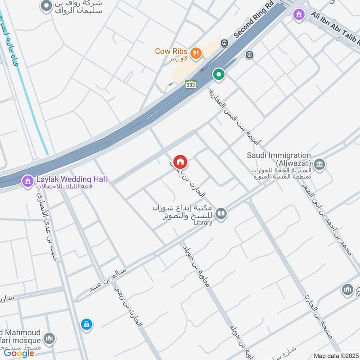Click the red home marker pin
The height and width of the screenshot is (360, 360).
pos(180,162)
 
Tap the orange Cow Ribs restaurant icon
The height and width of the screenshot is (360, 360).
pos(195,53)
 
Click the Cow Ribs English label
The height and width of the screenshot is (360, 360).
pos(171,51)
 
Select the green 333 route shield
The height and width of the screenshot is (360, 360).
pos(190,84)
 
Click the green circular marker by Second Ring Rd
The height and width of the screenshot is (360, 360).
pos(219,74)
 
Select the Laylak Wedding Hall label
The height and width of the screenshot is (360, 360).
pos(72,179)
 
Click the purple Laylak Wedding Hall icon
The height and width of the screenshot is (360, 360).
pos(28,181)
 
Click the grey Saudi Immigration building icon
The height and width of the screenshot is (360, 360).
pos(319,165)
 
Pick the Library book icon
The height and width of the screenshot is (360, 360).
pos(220,214)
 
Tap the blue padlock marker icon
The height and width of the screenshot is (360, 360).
pos(86,324)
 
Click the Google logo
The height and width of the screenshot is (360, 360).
pos(19,353)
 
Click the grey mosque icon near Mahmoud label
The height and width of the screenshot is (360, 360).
pos(49,338)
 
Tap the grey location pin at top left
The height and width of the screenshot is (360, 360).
pos(45,6)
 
